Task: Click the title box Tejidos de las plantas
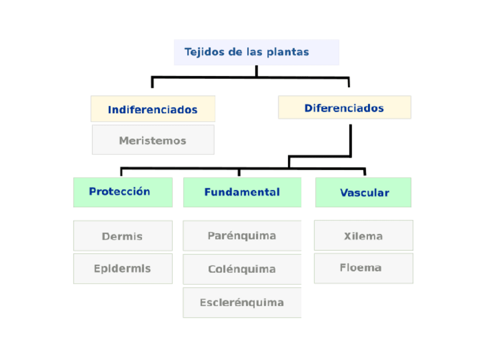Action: pyautogui.click(x=256, y=52)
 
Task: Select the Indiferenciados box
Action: pyautogui.click(x=153, y=109)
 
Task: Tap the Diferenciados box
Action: pyautogui.click(x=344, y=108)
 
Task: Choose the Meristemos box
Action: pyautogui.click(x=153, y=140)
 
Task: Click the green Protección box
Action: pyautogui.click(x=123, y=192)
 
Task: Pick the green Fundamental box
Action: pyautogui.click(x=242, y=192)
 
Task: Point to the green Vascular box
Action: pyautogui.click(x=363, y=192)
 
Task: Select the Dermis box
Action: pyautogui.click(x=123, y=236)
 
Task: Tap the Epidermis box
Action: pyautogui.click(x=123, y=269)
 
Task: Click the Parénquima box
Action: pyautogui.click(x=242, y=235)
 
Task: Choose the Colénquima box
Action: pyautogui.click(x=242, y=269)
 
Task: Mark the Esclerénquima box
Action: pyautogui.click(x=242, y=302)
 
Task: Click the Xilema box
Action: pyautogui.click(x=363, y=235)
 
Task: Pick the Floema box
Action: pyautogui.click(x=363, y=268)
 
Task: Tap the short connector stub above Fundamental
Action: pyautogui.click(x=239, y=172)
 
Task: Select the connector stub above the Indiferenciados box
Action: pyautogui.click(x=152, y=82)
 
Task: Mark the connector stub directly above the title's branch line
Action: pyautogui.click(x=256, y=71)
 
